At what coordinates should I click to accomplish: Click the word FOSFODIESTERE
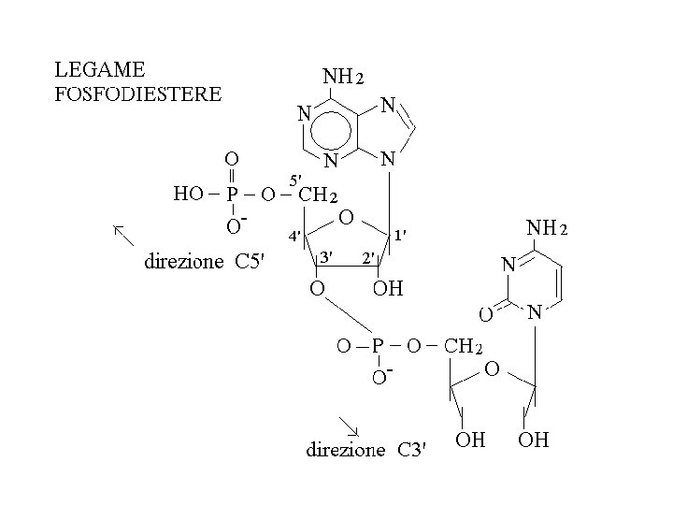click(137, 94)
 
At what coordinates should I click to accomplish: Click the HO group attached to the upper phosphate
click(189, 195)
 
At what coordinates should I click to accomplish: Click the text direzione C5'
click(205, 262)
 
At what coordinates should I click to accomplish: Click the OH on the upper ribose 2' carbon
click(388, 288)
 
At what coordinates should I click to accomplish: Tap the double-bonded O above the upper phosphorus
click(231, 158)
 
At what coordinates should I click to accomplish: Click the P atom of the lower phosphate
click(379, 347)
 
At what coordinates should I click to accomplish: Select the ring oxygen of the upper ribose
click(345, 217)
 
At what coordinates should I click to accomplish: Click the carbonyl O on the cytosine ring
click(486, 311)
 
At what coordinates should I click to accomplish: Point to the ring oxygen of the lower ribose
click(492, 370)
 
